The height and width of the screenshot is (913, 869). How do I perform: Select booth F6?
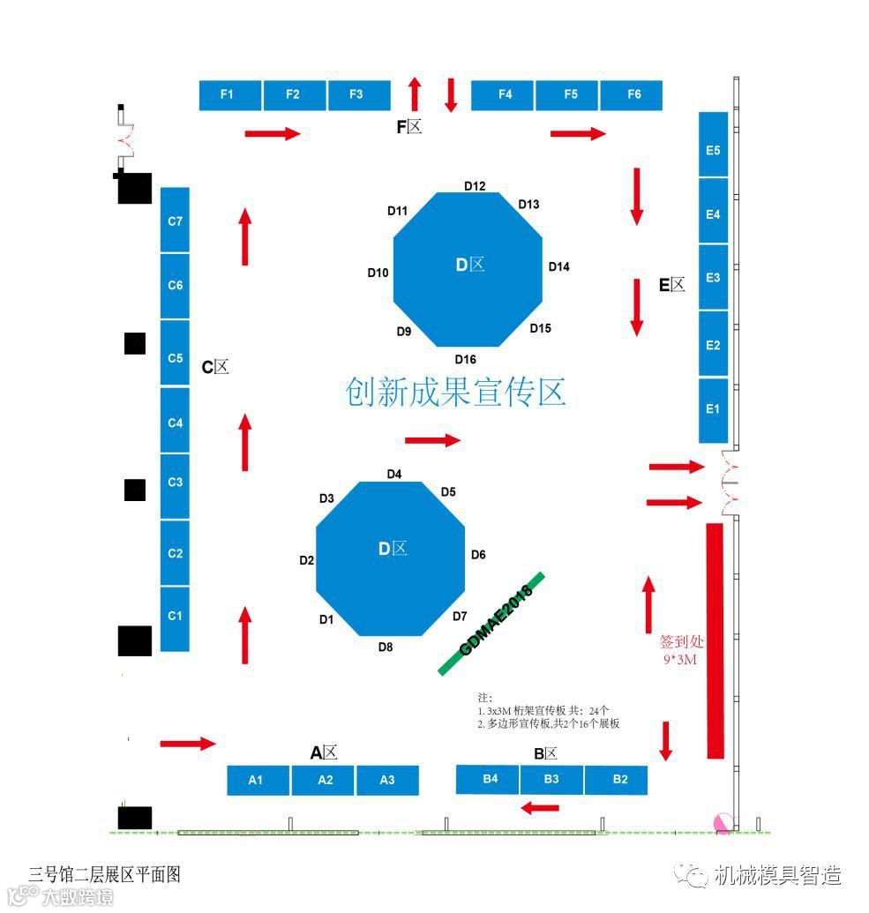(632, 95)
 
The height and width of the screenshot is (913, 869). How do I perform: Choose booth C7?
(175, 221)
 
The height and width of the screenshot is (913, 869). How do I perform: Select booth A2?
(324, 780)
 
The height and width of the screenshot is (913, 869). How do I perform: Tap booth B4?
(488, 779)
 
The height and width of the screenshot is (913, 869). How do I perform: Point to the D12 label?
(475, 186)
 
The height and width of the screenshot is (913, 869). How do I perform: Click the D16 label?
(465, 359)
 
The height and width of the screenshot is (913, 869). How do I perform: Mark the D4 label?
(394, 475)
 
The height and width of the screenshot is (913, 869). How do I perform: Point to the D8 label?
(386, 647)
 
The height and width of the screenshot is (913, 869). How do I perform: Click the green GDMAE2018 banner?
(492, 624)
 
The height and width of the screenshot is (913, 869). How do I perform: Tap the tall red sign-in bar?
(715, 640)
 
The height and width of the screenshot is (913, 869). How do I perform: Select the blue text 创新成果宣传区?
(455, 393)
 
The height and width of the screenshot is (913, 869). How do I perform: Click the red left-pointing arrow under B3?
(539, 807)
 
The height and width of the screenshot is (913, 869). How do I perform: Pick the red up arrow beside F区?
(415, 94)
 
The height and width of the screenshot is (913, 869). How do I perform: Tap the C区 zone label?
(214, 367)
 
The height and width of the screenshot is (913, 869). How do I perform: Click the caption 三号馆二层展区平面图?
(104, 875)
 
